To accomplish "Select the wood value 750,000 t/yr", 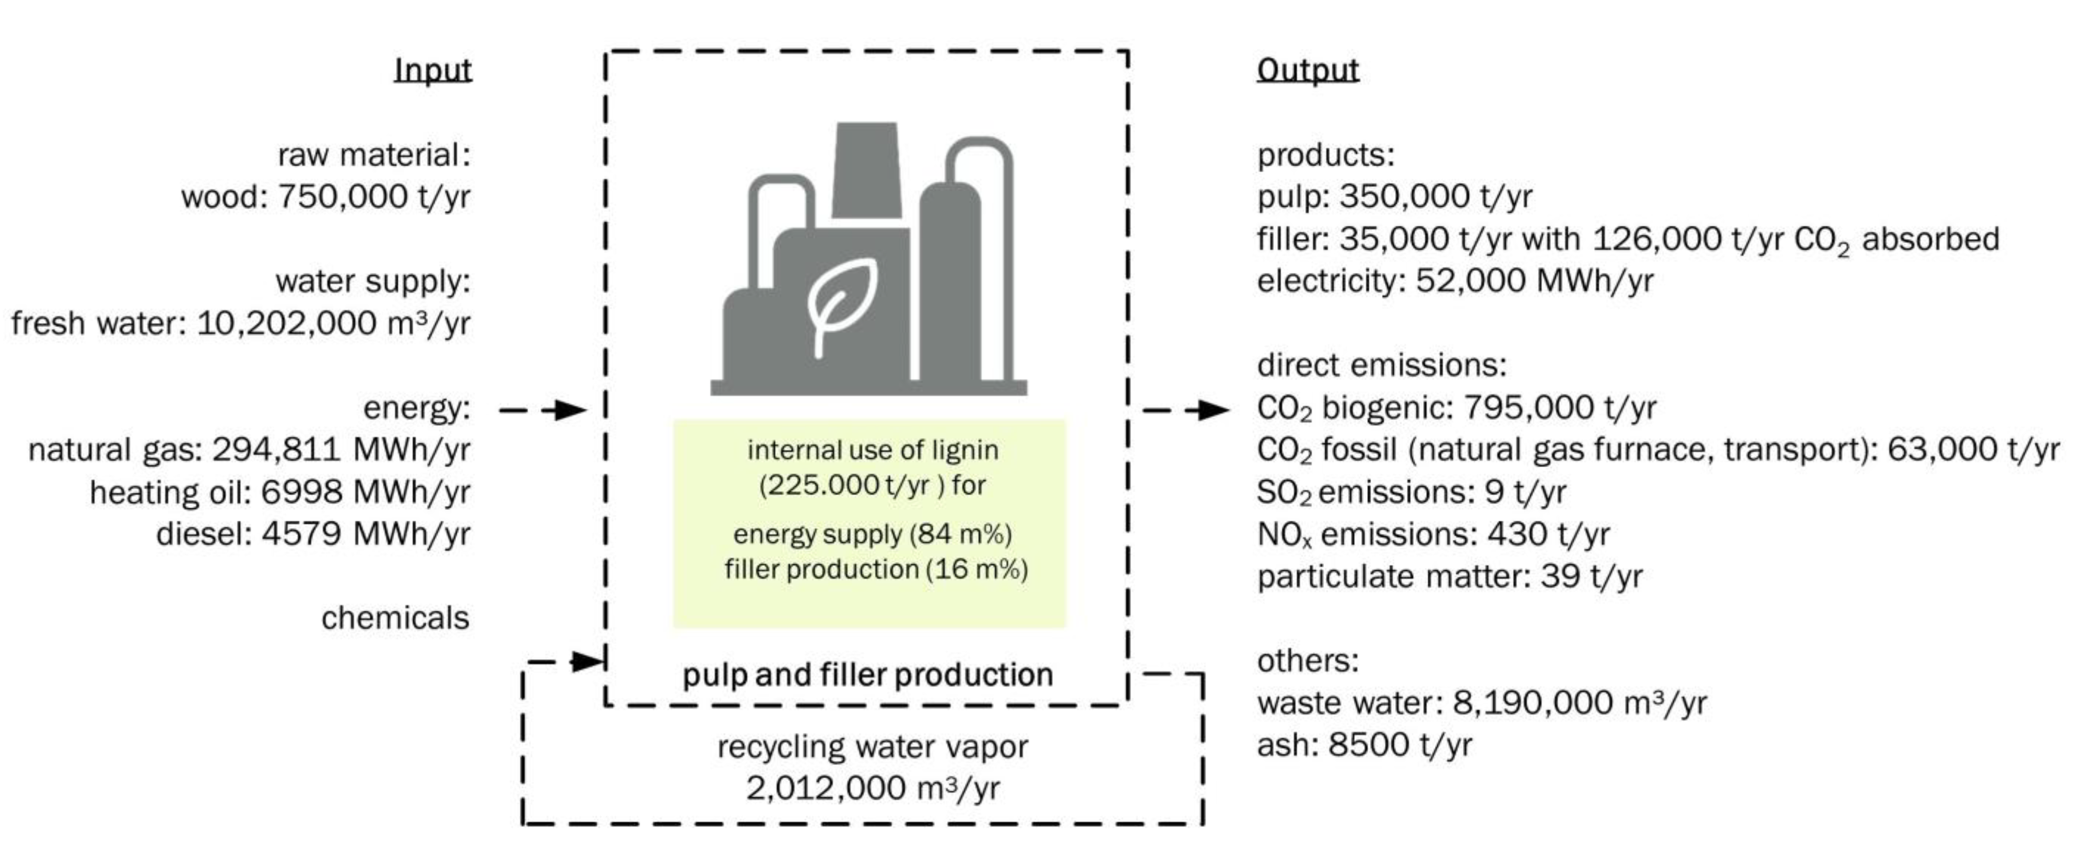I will pos(373,197).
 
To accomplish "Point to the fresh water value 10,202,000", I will pos(286,324).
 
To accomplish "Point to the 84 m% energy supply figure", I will pos(960,534).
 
